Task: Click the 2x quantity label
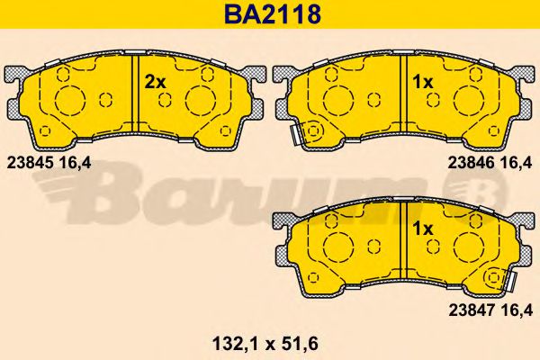pyautogui.click(x=156, y=82)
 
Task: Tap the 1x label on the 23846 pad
pyautogui.click(x=422, y=82)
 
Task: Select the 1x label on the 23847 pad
pyautogui.click(x=422, y=229)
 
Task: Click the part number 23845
pyautogui.click(x=28, y=164)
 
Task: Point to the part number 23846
pyautogui.click(x=469, y=164)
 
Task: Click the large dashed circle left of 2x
pyautogui.click(x=70, y=100)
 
